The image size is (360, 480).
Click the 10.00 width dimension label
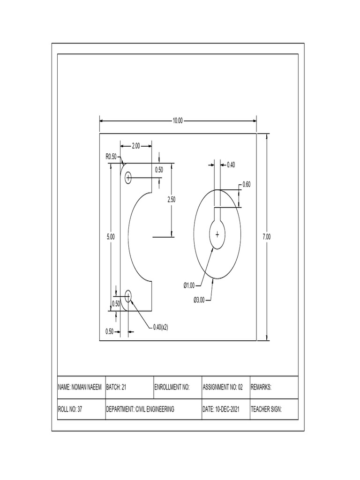click(x=177, y=120)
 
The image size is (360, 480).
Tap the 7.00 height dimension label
click(x=266, y=237)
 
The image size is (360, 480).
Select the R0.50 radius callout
click(x=111, y=157)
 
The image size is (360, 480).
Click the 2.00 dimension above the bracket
click(x=135, y=146)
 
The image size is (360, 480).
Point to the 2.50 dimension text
click(x=171, y=200)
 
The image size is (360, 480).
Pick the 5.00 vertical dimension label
click(x=111, y=237)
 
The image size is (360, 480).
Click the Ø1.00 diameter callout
click(x=189, y=285)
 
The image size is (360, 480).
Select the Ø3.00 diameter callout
click(x=199, y=300)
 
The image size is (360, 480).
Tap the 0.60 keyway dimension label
click(x=246, y=185)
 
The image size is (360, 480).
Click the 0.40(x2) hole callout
click(x=160, y=327)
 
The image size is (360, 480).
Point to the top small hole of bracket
click(x=128, y=178)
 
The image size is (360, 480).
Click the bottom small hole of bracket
click(x=128, y=295)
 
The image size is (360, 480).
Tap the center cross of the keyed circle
click(x=217, y=234)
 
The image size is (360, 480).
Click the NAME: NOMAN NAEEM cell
click(x=80, y=388)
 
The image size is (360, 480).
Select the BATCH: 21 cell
click(x=117, y=388)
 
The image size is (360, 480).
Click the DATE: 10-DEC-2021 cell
click(x=221, y=409)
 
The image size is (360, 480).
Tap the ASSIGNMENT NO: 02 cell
click(x=223, y=388)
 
